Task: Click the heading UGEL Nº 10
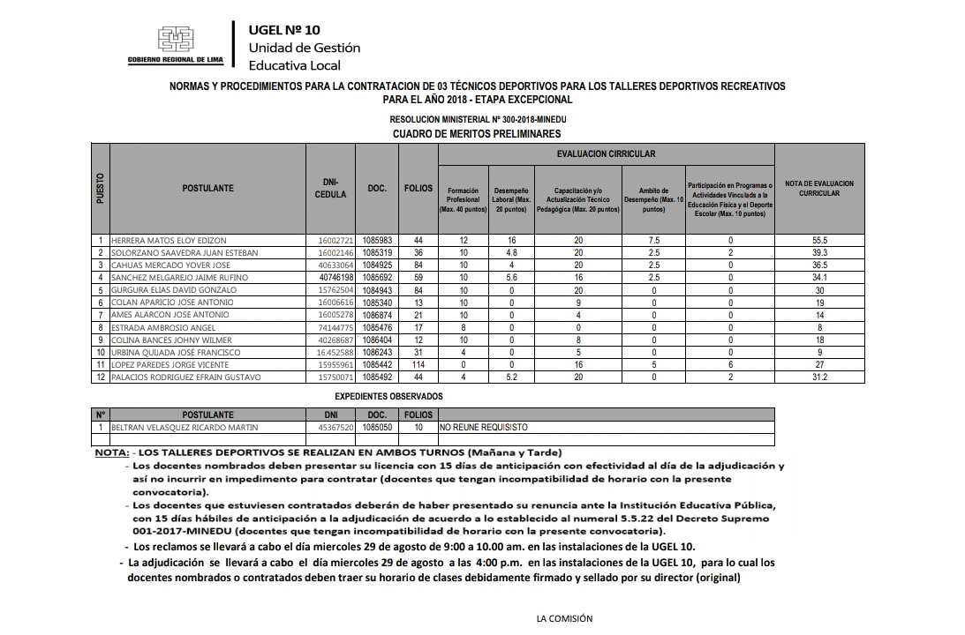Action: pyautogui.click(x=284, y=29)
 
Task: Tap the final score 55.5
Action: pyautogui.click(x=819, y=240)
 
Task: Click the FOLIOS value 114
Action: pyautogui.click(x=418, y=364)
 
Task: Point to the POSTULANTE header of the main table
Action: pyautogui.click(x=207, y=188)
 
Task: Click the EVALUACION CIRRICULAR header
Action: pyautogui.click(x=606, y=153)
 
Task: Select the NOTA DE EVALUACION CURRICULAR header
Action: pyautogui.click(x=819, y=188)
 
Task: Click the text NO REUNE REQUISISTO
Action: pyautogui.click(x=483, y=427)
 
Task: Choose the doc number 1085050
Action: pyautogui.click(x=378, y=427)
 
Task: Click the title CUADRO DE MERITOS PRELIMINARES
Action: pyautogui.click(x=476, y=134)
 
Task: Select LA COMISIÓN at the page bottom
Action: pyautogui.click(x=564, y=618)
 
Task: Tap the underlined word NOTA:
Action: pyautogui.click(x=111, y=452)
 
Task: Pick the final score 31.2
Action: pyautogui.click(x=819, y=377)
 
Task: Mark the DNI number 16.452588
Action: pyautogui.click(x=335, y=352)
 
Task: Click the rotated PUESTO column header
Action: pyautogui.click(x=101, y=188)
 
